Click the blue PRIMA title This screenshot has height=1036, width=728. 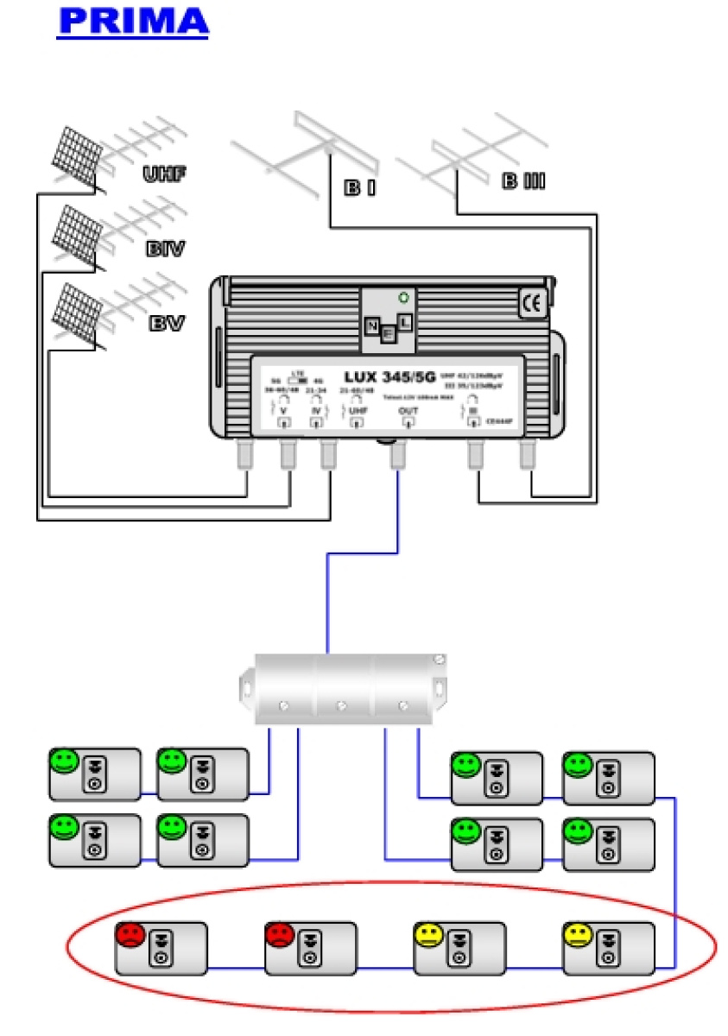coord(133,22)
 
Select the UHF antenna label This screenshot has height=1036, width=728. coord(166,175)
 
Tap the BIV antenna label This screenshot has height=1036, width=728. coord(166,250)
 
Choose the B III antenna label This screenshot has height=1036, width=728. coord(522,182)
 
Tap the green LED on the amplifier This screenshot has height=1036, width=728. coord(402,298)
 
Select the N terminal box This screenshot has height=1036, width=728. coord(373,325)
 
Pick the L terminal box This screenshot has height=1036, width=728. coord(403,321)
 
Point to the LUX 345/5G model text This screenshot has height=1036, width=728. coord(387,376)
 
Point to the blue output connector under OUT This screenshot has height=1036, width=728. coord(398,455)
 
